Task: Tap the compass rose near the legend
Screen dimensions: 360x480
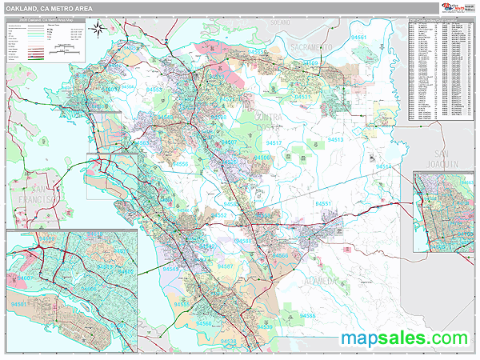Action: tap(95, 30)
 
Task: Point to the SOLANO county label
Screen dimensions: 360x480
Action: tap(281, 22)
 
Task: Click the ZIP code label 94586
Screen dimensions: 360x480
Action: tap(308, 317)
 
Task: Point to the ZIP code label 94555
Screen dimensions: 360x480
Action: tap(182, 305)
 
